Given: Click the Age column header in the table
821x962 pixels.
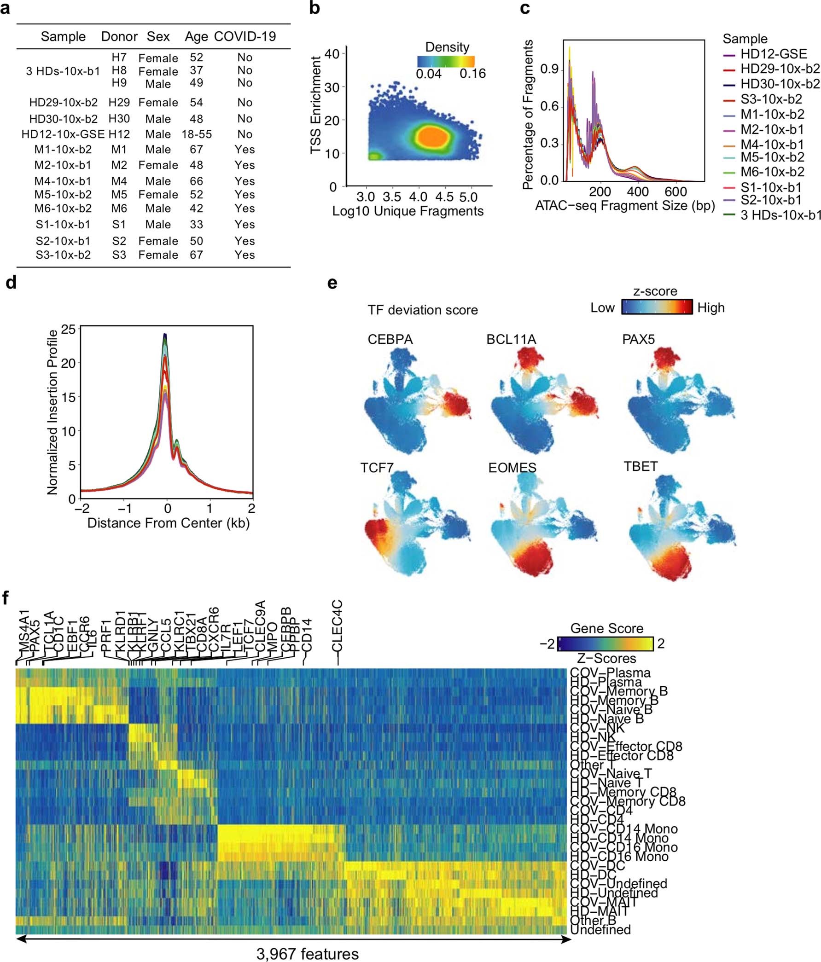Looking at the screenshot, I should coord(196,37).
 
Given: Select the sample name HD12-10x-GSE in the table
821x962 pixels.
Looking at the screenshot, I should coord(63,134).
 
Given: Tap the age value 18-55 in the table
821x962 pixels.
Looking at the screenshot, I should coord(197,134).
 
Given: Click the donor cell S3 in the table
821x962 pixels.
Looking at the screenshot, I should coord(119,255).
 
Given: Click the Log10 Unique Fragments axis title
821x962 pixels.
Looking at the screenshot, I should coord(408,211).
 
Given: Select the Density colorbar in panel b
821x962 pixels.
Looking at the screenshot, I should coord(445,62).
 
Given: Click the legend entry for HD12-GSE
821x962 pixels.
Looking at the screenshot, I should coord(773,54).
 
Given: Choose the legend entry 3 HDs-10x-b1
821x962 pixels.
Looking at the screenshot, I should coord(780,215).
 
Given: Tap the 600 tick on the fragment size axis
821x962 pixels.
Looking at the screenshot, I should coord(675,191).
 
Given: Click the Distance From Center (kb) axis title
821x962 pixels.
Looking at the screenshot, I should coord(168,523).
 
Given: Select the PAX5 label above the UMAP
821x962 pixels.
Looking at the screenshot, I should coord(638,339).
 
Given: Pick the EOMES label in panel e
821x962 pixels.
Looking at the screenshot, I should coord(512,468).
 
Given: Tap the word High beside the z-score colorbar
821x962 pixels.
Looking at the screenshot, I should coord(710,308).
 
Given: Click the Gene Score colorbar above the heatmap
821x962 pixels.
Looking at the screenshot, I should coord(605,643).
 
